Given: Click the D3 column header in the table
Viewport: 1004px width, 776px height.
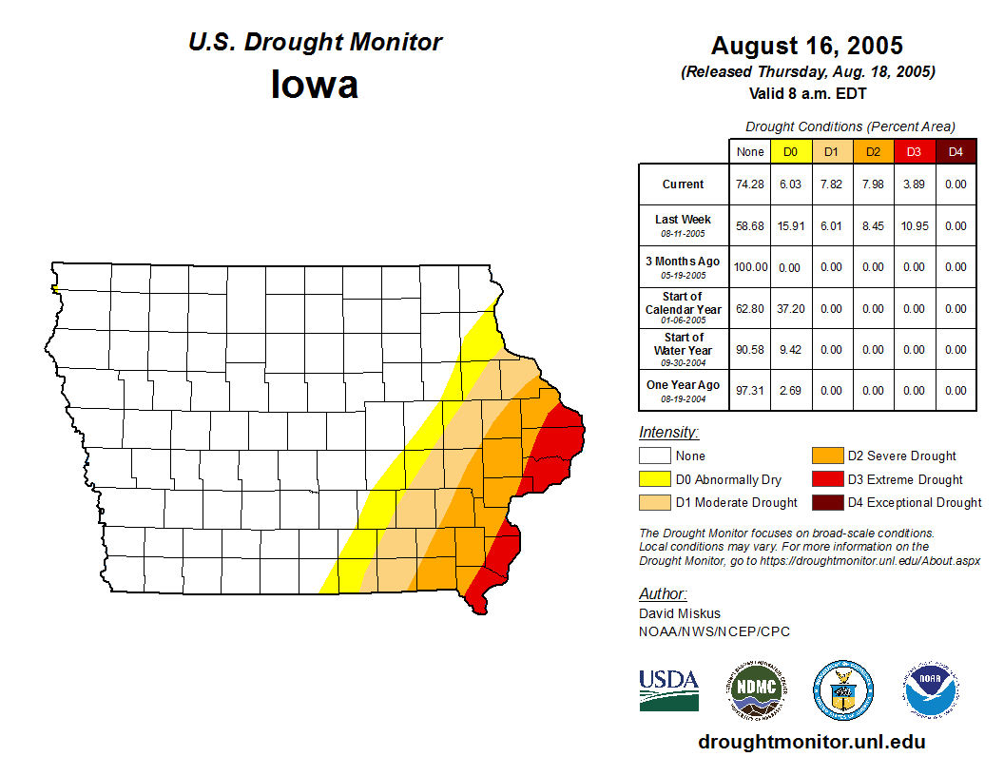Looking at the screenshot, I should pyautogui.click(x=914, y=152).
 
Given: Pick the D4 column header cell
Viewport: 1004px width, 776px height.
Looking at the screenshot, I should pyautogui.click(x=956, y=152).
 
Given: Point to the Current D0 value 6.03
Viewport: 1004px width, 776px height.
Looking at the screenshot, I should pyautogui.click(x=790, y=184).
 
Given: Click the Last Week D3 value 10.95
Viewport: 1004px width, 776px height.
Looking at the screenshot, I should pyautogui.click(x=914, y=226).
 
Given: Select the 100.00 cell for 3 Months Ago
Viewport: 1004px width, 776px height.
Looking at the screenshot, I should pyautogui.click(x=750, y=267).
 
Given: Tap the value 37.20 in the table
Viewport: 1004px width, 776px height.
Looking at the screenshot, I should pyautogui.click(x=790, y=309).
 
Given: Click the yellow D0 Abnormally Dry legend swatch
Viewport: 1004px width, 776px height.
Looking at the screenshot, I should pyautogui.click(x=654, y=479).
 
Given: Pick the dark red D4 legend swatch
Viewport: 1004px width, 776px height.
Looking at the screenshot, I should pyautogui.click(x=825, y=502).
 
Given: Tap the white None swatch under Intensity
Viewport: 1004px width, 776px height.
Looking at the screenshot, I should pyautogui.click(x=654, y=456).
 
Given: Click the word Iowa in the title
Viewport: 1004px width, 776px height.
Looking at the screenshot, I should pyautogui.click(x=315, y=85).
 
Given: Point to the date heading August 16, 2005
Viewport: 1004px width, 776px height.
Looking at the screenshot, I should pyautogui.click(x=806, y=46).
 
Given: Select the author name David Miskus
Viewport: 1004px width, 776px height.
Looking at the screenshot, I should pyautogui.click(x=679, y=613).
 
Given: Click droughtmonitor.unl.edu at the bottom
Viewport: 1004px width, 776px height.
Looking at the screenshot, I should pyautogui.click(x=811, y=742).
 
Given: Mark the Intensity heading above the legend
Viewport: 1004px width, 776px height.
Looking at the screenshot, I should pyautogui.click(x=668, y=433).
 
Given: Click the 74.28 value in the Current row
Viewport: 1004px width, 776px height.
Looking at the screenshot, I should pyautogui.click(x=750, y=184).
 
